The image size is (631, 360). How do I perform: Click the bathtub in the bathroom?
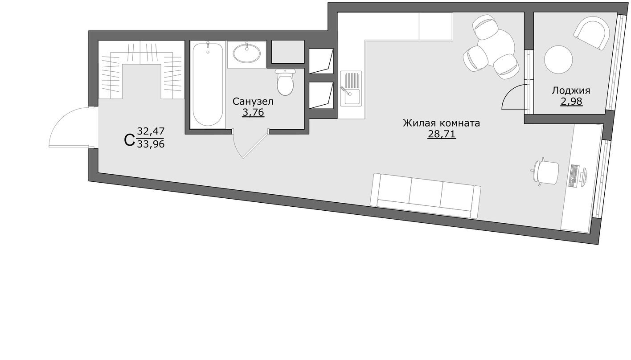pos(208,84)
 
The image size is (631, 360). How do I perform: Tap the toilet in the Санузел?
pos(285,82)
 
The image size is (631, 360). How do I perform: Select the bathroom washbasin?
pos(246,54)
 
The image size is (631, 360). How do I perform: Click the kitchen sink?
pos(351,88)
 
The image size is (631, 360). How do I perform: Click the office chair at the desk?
pos(546,172)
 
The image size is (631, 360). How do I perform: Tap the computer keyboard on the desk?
pos(574,176)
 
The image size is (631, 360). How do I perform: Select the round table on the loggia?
pos(558,60)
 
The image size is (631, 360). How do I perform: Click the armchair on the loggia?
pos(592,33)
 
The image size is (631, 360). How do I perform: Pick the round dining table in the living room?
pos(496,47)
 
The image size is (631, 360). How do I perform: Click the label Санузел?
pos(253,102)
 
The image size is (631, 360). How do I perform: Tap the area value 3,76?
pos(253,112)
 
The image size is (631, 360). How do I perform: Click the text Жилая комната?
pos(441,123)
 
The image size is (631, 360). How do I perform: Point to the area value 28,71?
pos(441,134)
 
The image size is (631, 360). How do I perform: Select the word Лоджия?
pos(571,91)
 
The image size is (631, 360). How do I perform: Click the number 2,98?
pos(571,101)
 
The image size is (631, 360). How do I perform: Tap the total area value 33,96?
pos(151,144)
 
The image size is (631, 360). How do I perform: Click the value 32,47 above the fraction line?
pos(151,131)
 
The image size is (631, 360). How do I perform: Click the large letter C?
pos(129,140)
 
